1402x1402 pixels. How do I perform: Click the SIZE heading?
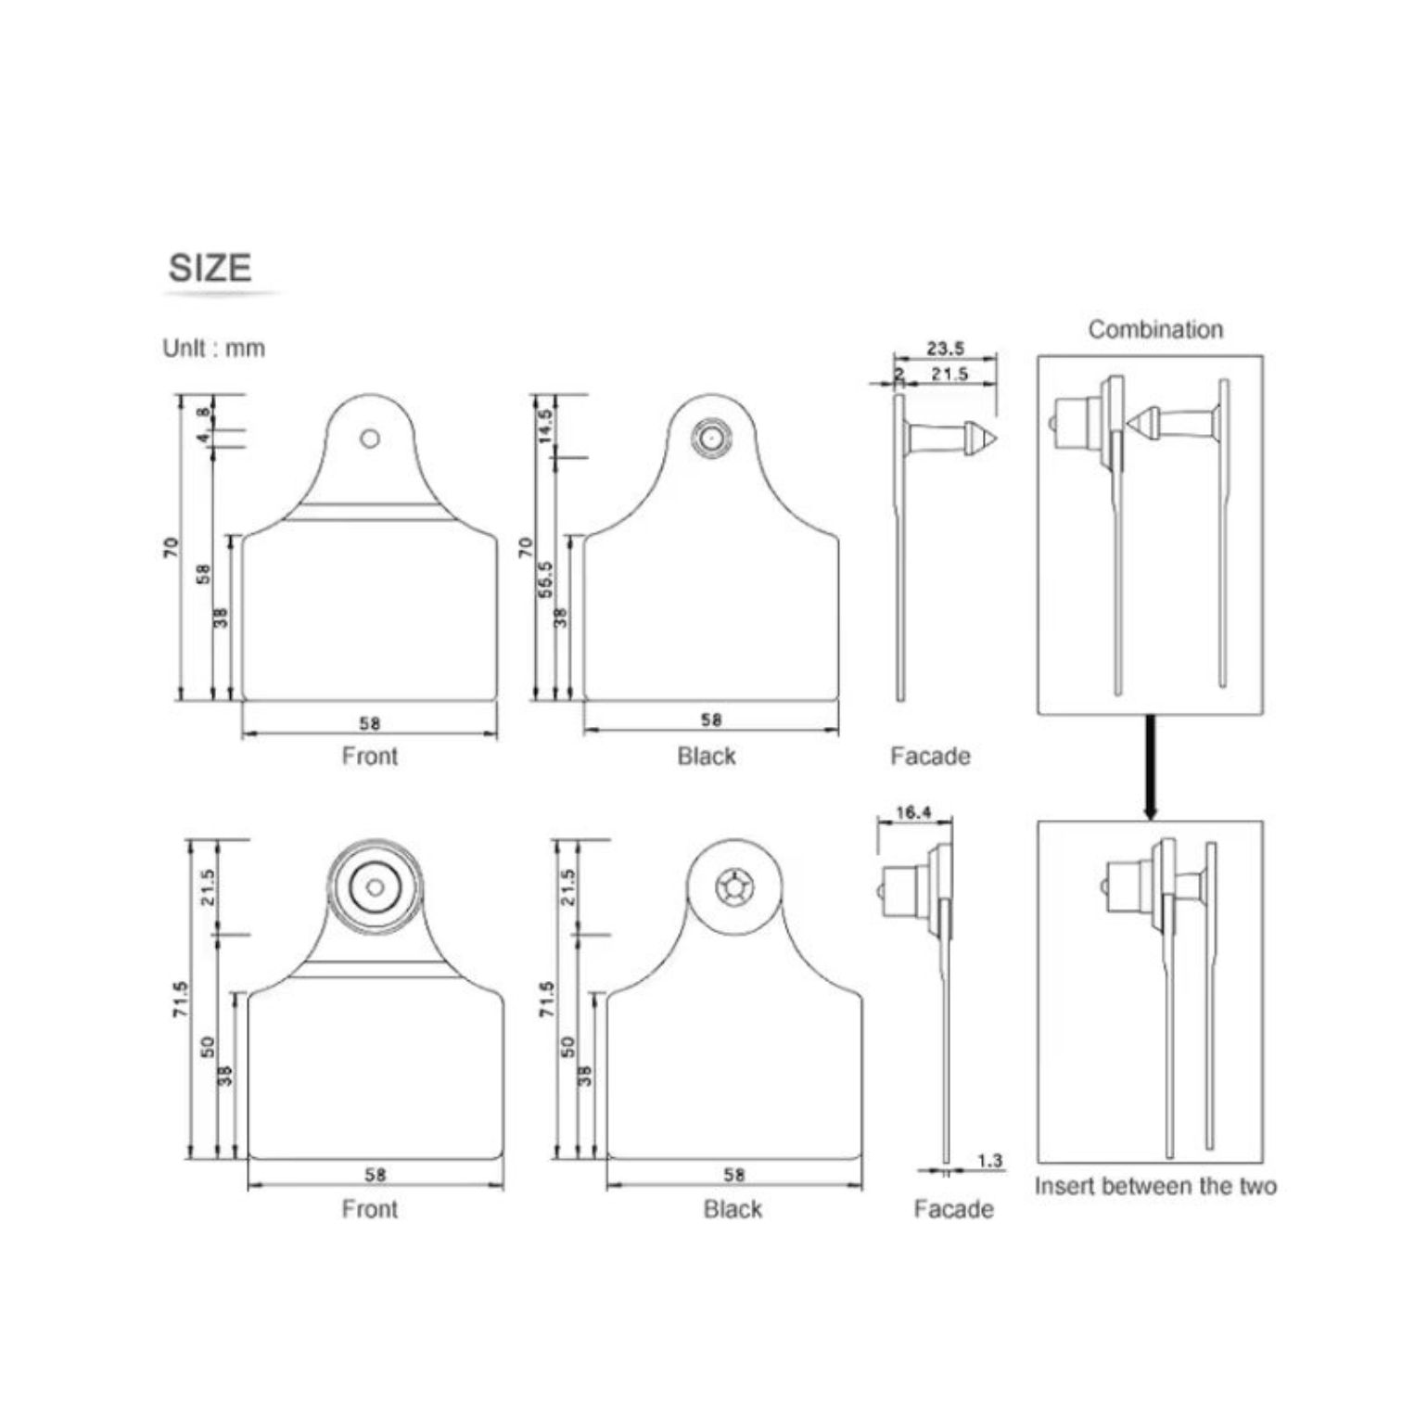click(210, 268)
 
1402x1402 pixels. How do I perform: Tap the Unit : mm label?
click(213, 349)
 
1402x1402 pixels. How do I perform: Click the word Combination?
click(1155, 329)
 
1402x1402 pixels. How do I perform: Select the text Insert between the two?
click(1155, 1186)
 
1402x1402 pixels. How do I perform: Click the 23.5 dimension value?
click(946, 349)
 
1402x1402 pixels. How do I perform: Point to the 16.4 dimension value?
click(913, 812)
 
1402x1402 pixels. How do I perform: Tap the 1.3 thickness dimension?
click(989, 1160)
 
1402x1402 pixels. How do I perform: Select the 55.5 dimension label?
click(545, 579)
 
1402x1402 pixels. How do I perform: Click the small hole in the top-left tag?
click(370, 439)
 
